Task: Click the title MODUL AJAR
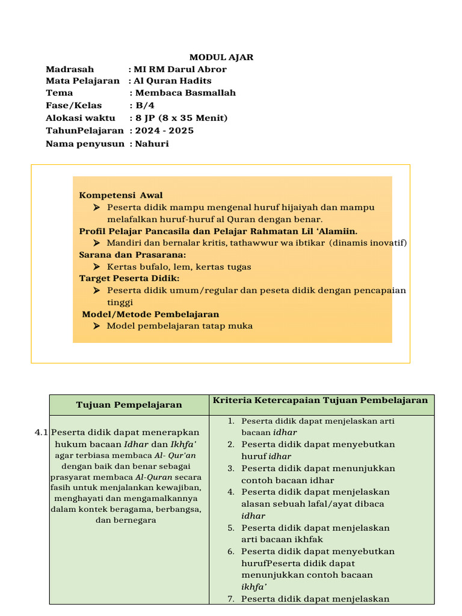(221, 57)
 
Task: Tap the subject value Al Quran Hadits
(172, 81)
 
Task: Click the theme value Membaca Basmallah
(185, 93)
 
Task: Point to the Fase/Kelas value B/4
(145, 105)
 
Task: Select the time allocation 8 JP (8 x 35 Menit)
(181, 118)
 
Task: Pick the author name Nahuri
(152, 143)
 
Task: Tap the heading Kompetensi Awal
(121, 195)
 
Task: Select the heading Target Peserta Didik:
(129, 278)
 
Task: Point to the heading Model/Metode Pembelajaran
(150, 314)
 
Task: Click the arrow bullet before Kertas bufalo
(96, 266)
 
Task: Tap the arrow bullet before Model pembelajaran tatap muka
(96, 326)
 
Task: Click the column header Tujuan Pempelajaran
(129, 405)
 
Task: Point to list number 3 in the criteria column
(230, 468)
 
